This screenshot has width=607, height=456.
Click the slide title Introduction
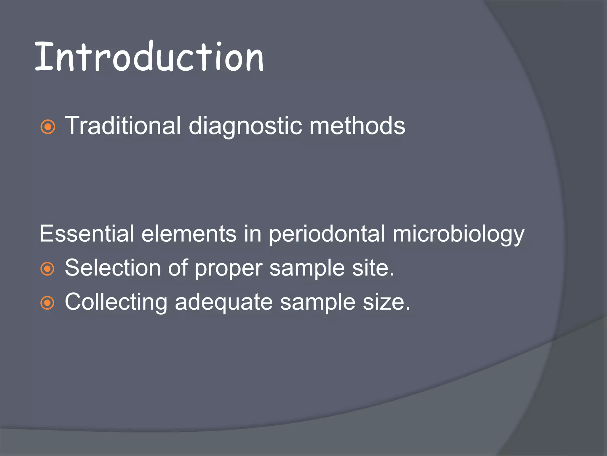coord(149,57)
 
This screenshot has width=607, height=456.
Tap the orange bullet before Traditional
coord(48,127)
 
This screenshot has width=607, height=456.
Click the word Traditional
coord(123,126)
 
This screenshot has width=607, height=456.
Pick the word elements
coord(189,234)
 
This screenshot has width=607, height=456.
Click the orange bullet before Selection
coord(48,269)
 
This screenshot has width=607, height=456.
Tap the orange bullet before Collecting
coord(48,303)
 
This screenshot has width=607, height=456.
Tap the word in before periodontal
coord(253,234)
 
